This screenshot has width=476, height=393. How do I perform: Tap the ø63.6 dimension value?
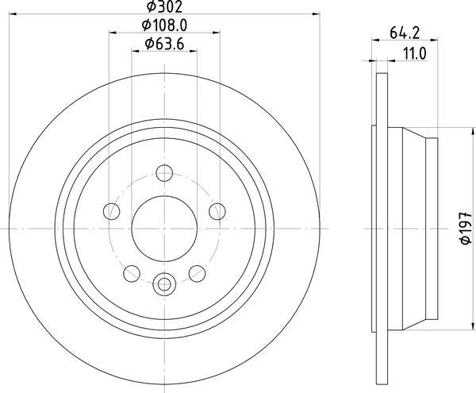pyautogui.click(x=164, y=44)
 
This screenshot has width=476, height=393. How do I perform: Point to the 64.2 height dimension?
pyautogui.click(x=404, y=33)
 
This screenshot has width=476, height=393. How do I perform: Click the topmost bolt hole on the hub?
pyautogui.click(x=164, y=172)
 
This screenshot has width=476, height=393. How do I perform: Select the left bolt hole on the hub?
pyautogui.click(x=112, y=210)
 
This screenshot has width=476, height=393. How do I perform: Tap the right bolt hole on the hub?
pyautogui.click(x=217, y=210)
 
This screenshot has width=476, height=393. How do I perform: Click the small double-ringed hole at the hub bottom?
pyautogui.click(x=164, y=282)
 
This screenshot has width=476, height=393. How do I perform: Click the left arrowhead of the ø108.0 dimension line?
pyautogui.click(x=111, y=33)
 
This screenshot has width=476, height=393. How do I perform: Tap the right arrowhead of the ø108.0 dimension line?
pyautogui.click(x=217, y=33)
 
